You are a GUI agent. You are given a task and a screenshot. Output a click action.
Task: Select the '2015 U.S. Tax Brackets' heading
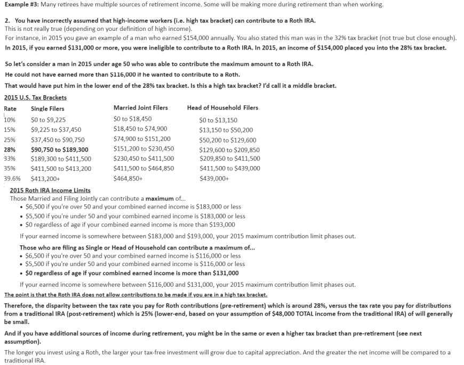(35, 97)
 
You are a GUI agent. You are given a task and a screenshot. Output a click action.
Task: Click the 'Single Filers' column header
(47, 109)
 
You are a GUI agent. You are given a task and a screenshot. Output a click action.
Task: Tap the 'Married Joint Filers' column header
(141, 108)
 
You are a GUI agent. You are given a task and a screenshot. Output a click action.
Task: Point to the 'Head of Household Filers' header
(222, 108)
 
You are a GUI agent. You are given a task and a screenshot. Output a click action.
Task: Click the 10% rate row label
(10, 120)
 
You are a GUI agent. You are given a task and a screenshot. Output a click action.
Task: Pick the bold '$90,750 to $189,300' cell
(60, 150)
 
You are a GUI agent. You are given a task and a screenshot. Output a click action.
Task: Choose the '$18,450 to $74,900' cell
(140, 129)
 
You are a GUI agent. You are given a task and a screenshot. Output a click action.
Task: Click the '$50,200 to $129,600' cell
(228, 140)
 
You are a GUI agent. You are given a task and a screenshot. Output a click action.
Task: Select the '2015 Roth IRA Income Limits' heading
(50, 190)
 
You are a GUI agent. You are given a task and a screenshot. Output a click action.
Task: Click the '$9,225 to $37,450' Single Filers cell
(56, 129)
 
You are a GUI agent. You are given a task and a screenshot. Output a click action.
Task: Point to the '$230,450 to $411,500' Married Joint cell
(144, 159)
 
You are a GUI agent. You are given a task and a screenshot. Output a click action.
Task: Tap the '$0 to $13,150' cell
(218, 120)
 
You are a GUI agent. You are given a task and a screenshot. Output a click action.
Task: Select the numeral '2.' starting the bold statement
(7, 21)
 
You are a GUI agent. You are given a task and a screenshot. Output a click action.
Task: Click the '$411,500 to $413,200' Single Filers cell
(61, 169)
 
